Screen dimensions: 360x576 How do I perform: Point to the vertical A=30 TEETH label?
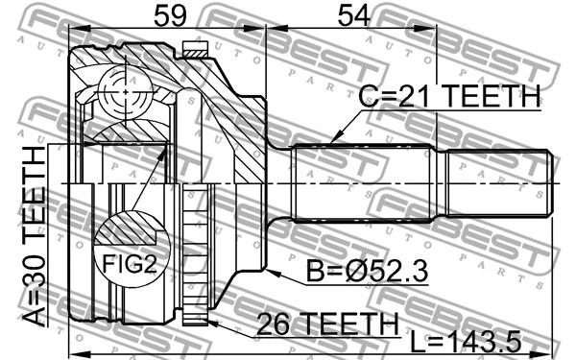(x=36, y=231)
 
